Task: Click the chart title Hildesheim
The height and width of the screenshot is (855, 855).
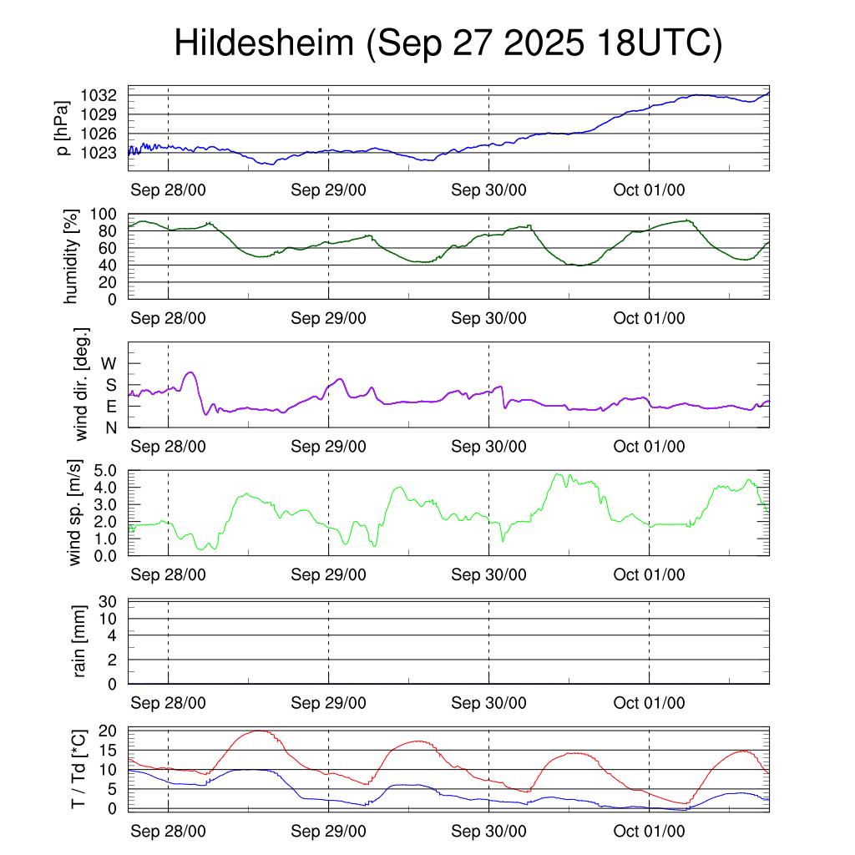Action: pos(264,43)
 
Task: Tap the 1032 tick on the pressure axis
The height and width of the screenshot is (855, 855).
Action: pos(104,94)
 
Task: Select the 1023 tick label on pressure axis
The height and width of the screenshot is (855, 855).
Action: pos(104,153)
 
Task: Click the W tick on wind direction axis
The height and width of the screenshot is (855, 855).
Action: pos(109,363)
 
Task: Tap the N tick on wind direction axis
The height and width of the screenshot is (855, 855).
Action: pos(110,427)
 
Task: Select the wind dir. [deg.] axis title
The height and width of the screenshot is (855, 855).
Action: pos(82,384)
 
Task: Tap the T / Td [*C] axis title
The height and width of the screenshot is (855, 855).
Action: pos(78,769)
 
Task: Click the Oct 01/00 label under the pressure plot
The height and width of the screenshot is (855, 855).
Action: pos(650,190)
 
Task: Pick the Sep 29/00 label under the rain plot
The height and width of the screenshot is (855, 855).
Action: pos(329,703)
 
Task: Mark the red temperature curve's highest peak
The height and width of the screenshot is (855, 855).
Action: pos(261,731)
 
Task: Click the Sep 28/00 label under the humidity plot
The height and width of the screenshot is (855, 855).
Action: pos(169,318)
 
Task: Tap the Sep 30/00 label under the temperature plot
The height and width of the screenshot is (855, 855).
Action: pos(489,831)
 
